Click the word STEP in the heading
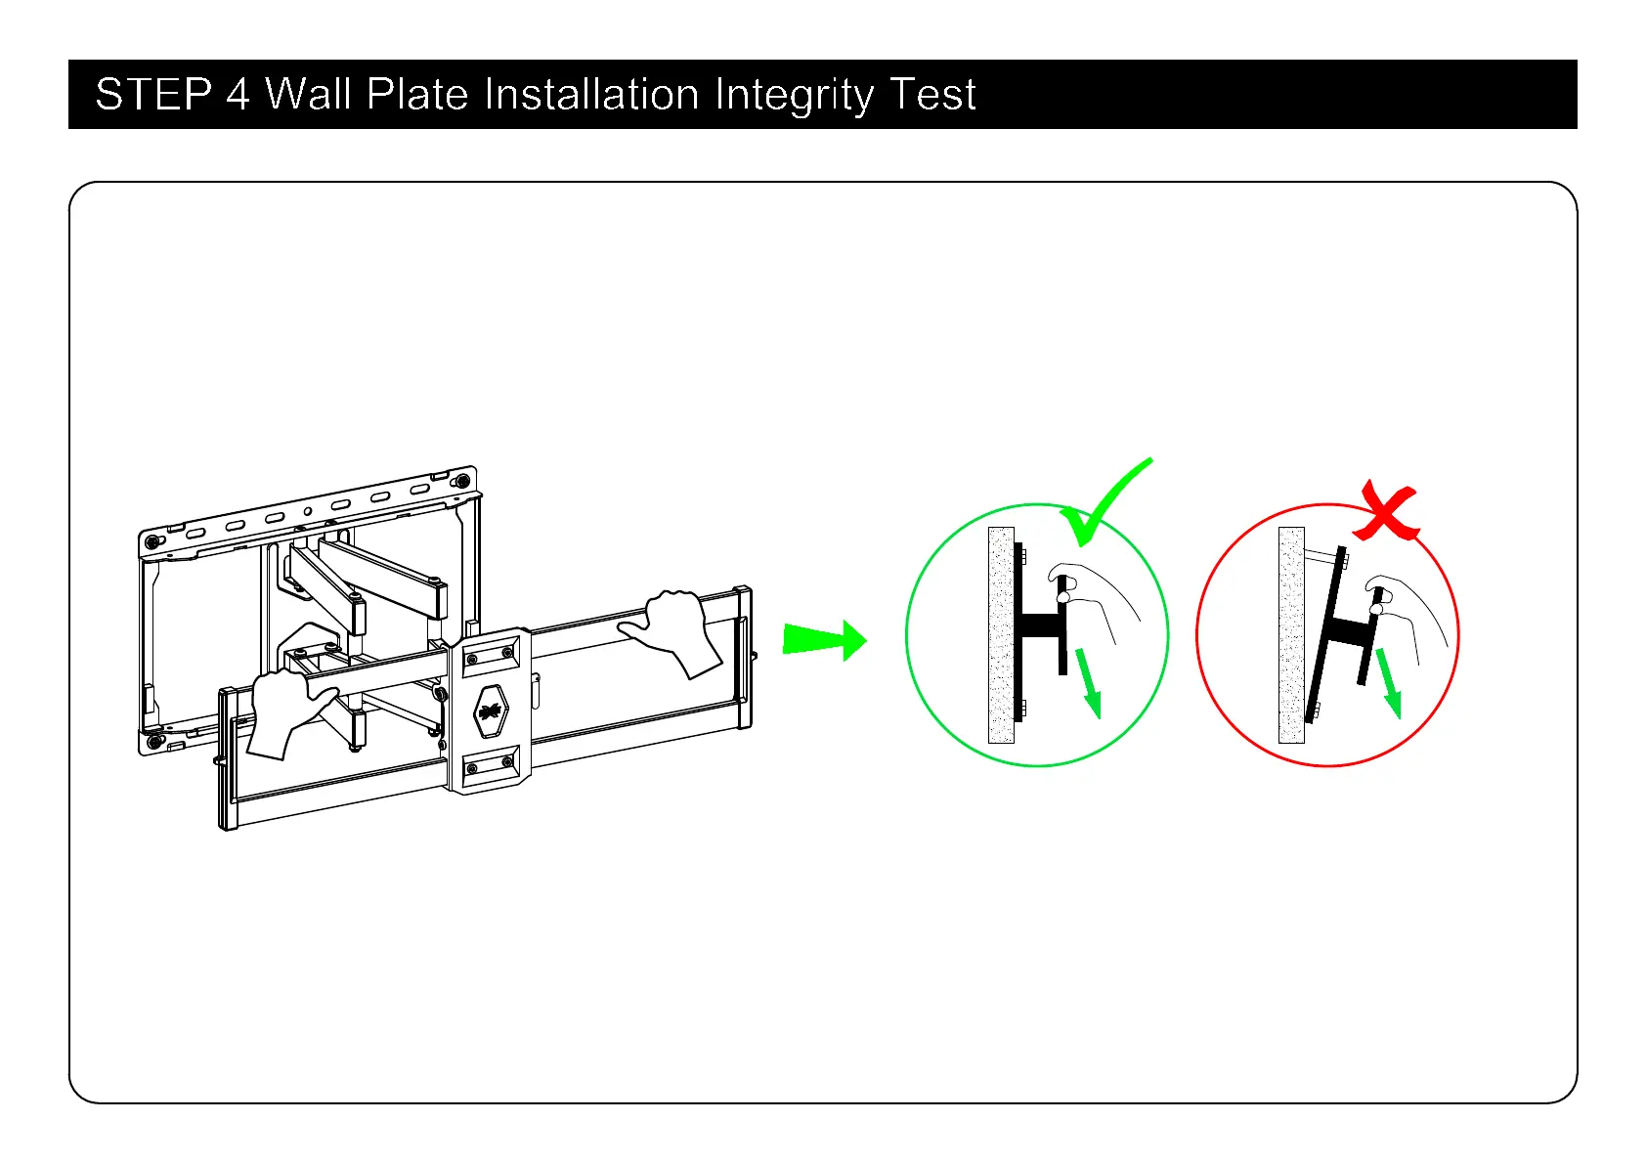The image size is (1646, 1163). coord(153,95)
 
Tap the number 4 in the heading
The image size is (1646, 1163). coord(238,95)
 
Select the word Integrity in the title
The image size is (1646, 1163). coord(794,96)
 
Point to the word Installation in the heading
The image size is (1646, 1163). coord(592,95)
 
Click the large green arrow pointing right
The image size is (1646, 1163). coord(824,640)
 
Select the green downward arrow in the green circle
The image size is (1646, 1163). coord(1088,683)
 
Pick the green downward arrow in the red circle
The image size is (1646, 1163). coord(1388,683)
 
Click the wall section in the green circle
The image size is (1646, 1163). coord(1001,635)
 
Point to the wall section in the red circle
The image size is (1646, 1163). coord(1291,635)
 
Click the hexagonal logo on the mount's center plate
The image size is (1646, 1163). coord(490,711)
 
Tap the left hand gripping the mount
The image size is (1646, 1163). coord(283,711)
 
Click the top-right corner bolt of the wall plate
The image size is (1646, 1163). coord(460,482)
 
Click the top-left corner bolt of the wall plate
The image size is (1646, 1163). coord(152,542)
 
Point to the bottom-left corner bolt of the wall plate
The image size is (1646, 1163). coord(153,742)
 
